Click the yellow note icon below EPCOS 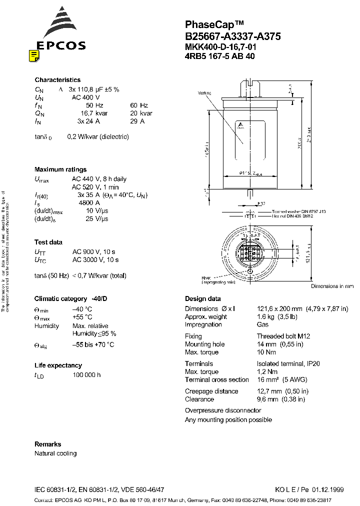(x=34, y=56)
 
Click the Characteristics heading (x=57, y=80)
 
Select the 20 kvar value (x=141, y=113)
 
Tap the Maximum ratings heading (x=60, y=169)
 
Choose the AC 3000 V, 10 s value (x=95, y=260)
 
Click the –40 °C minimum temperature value (x=81, y=309)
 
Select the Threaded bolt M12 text (x=283, y=336)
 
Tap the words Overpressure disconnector (x=223, y=410)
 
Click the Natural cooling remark (x=55, y=453)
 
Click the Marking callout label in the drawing (x=204, y=93)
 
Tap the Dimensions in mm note (x=332, y=286)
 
